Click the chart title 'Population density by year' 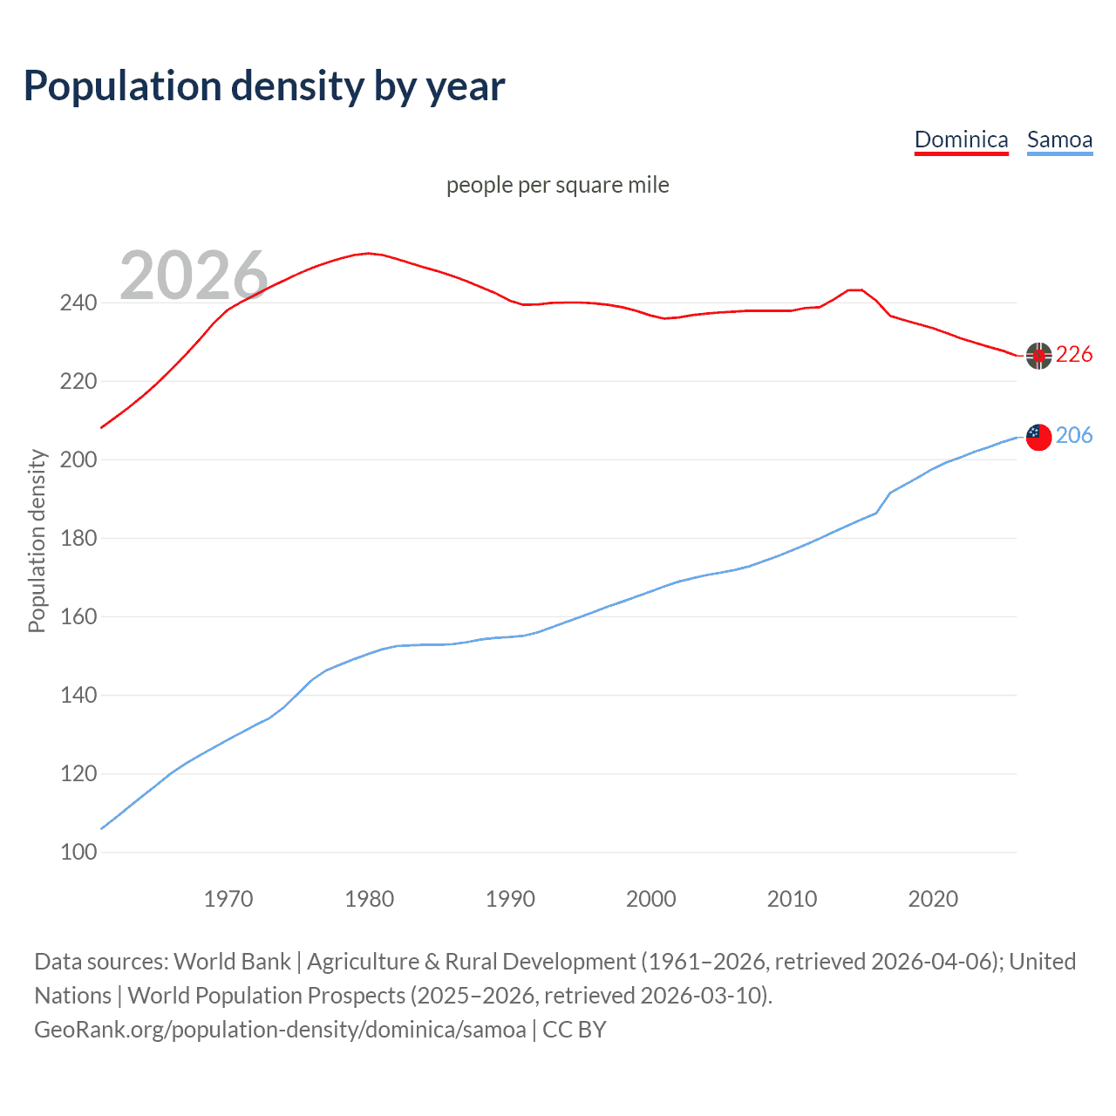[264, 86]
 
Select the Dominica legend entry [961, 139]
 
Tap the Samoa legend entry [1059, 139]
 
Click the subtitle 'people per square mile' [557, 185]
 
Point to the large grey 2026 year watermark [194, 276]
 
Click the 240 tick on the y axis [78, 303]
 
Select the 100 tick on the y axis [78, 852]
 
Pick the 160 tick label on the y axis [78, 617]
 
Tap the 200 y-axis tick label [78, 460]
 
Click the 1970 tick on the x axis [228, 899]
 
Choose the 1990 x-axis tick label [510, 899]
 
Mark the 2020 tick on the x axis [933, 899]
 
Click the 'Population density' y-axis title [37, 541]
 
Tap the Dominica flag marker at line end [1038, 356]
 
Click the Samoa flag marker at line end [1038, 437]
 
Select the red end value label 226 [1074, 354]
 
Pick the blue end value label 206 [1074, 435]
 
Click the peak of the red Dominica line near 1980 [369, 253]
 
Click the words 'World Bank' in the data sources [232, 962]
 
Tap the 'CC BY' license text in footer [574, 1030]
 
